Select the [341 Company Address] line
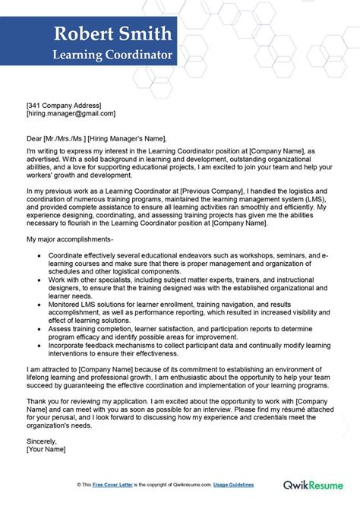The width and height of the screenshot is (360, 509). (x=63, y=105)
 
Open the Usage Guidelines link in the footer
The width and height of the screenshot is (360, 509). (x=232, y=485)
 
